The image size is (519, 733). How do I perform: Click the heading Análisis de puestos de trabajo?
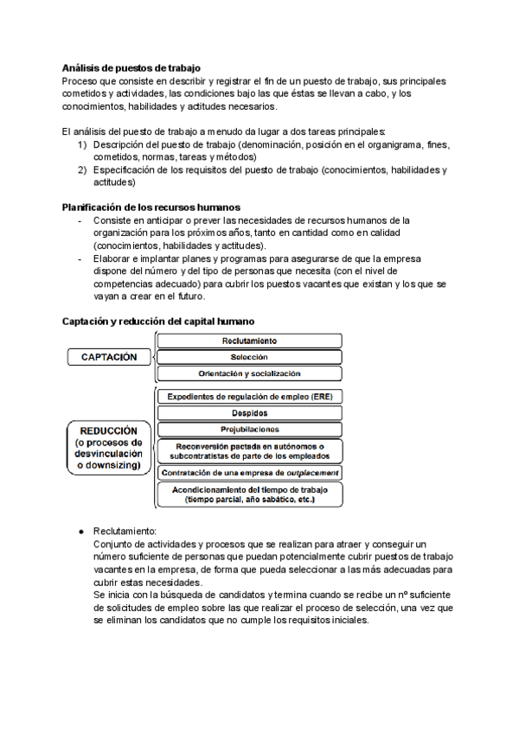click(131, 67)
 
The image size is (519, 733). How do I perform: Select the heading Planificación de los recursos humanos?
click(151, 207)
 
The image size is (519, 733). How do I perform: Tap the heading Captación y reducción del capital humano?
click(157, 321)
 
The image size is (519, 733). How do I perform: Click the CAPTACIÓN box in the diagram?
click(109, 357)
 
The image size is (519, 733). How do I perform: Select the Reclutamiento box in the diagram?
click(249, 341)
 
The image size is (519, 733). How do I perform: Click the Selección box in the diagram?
click(249, 357)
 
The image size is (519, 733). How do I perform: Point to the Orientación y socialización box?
click(249, 373)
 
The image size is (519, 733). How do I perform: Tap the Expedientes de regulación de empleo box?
click(249, 397)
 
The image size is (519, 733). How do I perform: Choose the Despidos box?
click(249, 413)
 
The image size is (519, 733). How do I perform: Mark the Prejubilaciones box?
click(249, 430)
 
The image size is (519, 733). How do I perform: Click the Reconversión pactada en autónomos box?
click(249, 450)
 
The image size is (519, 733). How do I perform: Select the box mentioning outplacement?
click(249, 473)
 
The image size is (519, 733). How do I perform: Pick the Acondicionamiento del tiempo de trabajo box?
click(249, 494)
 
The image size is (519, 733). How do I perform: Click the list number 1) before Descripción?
click(82, 145)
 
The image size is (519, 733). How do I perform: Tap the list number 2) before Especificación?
click(82, 170)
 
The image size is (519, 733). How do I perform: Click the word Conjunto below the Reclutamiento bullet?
click(113, 544)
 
